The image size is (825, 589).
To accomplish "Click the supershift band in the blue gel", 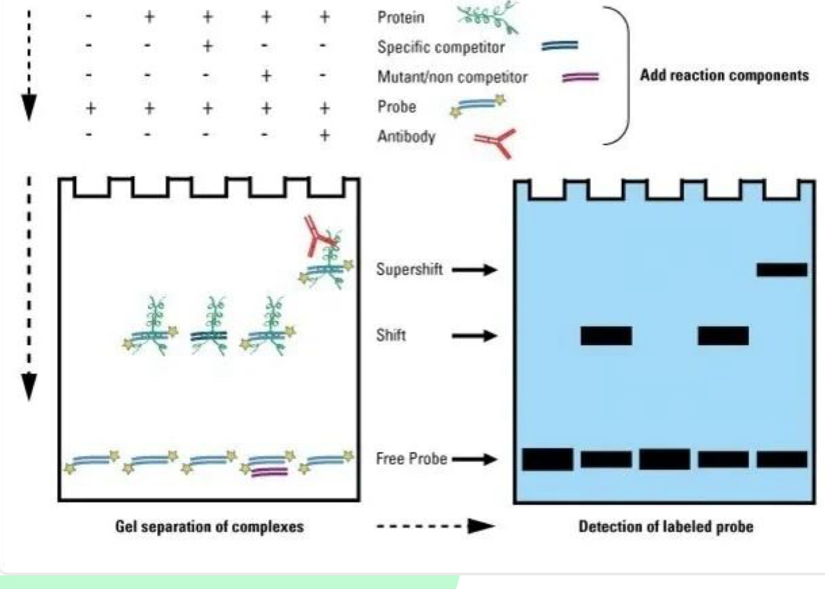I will coord(781,270).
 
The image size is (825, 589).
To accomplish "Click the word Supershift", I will coord(410,270).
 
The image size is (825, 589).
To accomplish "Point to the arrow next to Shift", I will coord(474,336).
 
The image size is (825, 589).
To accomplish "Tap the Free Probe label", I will coord(411,458).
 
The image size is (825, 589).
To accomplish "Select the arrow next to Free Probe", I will coord(474,459).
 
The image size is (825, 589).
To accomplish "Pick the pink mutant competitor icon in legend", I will coord(580,77).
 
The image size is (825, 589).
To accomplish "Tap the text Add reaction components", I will coord(724,75).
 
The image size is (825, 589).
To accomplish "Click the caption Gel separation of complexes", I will coord(209,526).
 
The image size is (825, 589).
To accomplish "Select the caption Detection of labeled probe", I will coord(665,526).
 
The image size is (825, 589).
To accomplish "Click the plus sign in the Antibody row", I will coord(324,136).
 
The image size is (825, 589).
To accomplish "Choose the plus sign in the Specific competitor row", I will coord(207,46).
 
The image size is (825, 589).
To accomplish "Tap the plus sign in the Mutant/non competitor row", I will coord(266,75).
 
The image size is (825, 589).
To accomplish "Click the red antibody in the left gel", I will coord(316,236).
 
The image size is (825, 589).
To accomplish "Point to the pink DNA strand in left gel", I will coord(269,472).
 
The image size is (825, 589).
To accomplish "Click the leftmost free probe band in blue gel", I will coord(547,459).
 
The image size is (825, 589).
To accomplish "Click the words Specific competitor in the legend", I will coord(441,47).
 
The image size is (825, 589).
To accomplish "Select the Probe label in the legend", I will coord(397,107).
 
